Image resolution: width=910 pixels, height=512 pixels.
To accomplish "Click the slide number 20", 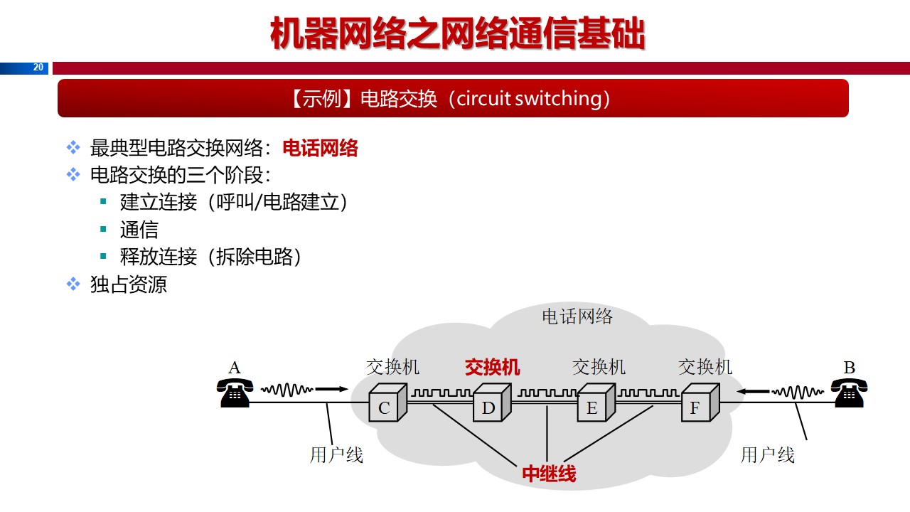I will pos(38,68).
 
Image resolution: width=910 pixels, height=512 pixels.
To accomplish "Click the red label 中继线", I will pos(549,474).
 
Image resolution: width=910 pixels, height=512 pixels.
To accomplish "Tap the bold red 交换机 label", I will pos(492,367).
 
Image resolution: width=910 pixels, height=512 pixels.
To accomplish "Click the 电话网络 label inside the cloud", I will pos(577,316).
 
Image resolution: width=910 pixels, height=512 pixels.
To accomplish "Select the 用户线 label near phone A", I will pos(336,455).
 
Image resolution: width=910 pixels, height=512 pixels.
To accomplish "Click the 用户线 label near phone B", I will pos(768,455).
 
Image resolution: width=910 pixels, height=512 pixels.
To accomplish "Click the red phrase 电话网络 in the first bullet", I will pos(320,148).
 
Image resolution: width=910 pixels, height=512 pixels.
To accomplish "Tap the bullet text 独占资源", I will pos(129,284).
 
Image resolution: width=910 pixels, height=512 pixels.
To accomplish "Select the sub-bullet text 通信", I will pos(139,230).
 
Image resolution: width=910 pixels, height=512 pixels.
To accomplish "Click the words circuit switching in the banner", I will pos(528,98).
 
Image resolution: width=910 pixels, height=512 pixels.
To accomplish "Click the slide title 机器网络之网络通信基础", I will pos(457,33).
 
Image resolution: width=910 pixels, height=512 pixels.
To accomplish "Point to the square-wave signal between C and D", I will pos(441,392).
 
